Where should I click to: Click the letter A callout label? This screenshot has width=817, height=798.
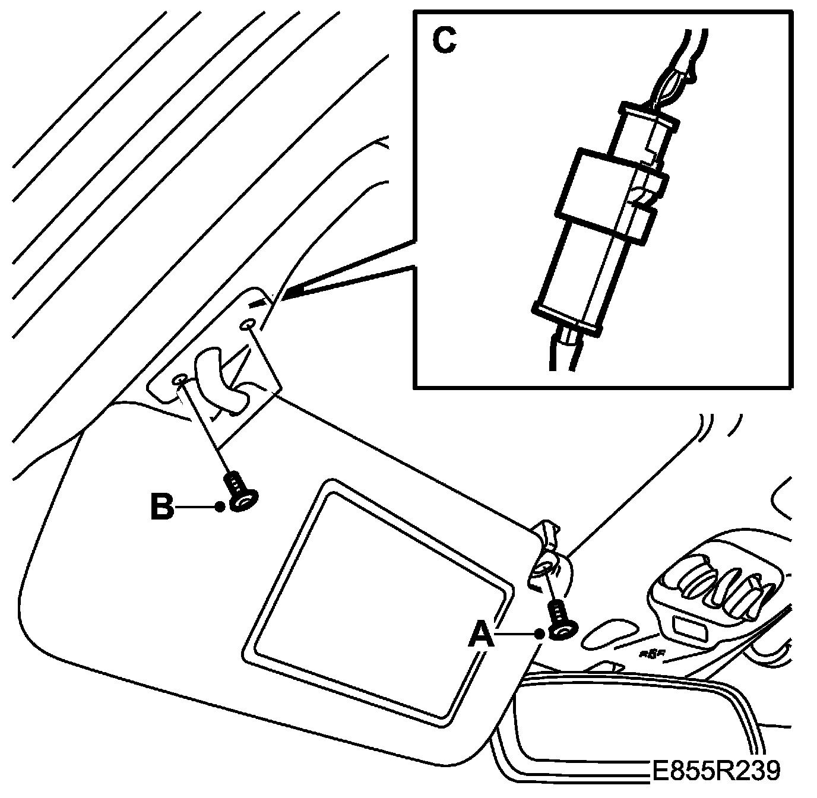coord(481,636)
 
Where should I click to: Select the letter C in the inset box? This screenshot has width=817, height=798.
coord(444,40)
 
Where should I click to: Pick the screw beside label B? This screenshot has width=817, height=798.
coord(241,492)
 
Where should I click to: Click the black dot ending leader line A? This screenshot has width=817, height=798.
coord(539,635)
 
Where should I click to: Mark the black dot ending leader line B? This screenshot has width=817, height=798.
coord(220,506)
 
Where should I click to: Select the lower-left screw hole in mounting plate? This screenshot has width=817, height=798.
coord(180,379)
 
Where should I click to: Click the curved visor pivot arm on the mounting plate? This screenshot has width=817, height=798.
coord(217,380)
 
